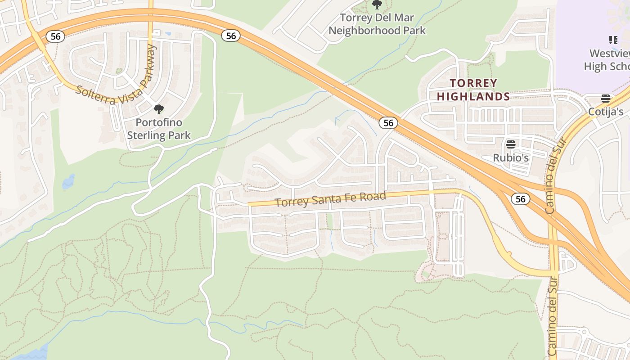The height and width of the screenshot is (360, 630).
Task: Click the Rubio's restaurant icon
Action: click(x=510, y=144)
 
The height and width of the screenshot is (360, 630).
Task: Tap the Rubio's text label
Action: click(x=510, y=158)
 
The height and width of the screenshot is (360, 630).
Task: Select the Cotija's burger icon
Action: click(x=606, y=99)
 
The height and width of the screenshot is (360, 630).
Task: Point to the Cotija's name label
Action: click(x=606, y=112)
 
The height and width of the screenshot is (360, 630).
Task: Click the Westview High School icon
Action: click(x=613, y=40)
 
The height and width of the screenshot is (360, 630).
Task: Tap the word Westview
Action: click(x=609, y=54)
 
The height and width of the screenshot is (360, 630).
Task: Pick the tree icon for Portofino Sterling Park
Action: click(x=158, y=109)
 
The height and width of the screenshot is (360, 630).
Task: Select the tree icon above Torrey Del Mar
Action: click(x=377, y=5)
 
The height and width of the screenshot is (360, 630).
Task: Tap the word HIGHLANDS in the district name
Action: click(x=473, y=96)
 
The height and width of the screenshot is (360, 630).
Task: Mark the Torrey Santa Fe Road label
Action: click(x=330, y=199)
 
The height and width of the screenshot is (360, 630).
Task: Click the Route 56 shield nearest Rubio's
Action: click(x=520, y=199)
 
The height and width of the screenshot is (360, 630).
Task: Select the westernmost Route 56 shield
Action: click(x=55, y=36)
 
